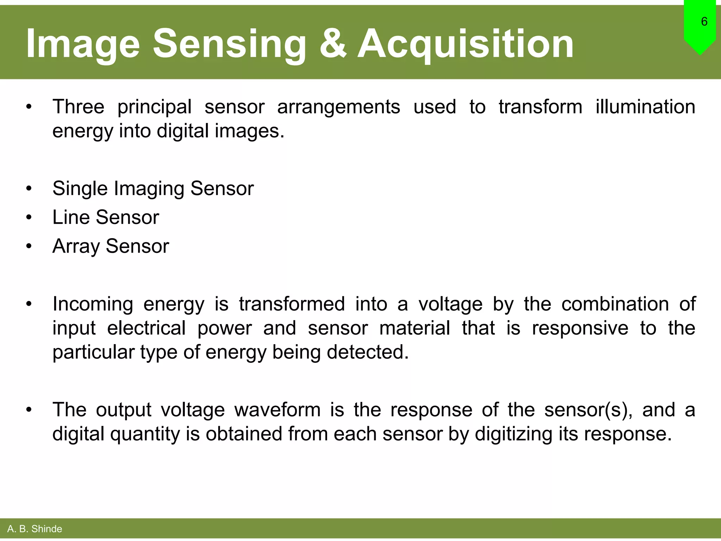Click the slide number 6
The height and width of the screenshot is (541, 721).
(x=704, y=22)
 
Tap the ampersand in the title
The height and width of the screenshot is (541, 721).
(x=333, y=44)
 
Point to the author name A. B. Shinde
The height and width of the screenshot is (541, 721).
(x=35, y=529)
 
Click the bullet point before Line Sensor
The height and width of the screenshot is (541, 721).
(x=29, y=217)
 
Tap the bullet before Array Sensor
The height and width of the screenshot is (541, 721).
(x=29, y=246)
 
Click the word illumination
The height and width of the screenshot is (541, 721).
(x=645, y=107)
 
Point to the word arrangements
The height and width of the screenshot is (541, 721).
(x=338, y=107)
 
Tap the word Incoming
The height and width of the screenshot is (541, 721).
(x=93, y=305)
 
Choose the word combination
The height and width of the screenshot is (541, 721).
(x=615, y=304)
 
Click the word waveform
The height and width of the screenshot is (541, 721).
(x=277, y=410)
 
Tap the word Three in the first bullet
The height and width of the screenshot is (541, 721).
(x=78, y=107)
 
